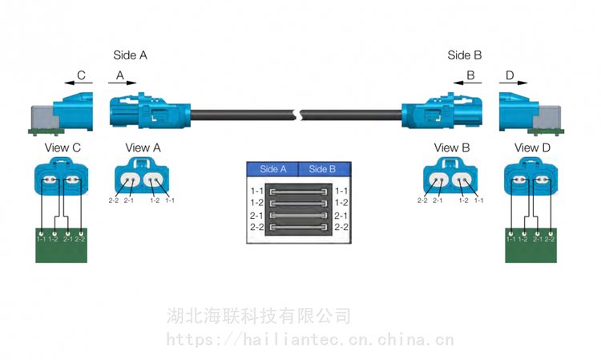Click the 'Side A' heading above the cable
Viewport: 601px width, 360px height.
(x=130, y=55)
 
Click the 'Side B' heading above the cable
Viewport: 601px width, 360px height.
(x=464, y=55)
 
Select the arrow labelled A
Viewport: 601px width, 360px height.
(x=121, y=82)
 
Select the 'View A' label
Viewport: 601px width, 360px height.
(x=143, y=148)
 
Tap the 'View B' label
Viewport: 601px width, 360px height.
(x=451, y=148)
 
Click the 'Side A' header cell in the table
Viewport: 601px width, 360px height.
(x=272, y=169)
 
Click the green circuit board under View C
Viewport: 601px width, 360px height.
(x=61, y=247)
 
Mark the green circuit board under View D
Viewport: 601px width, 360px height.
(x=530, y=247)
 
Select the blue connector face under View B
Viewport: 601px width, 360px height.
(x=451, y=177)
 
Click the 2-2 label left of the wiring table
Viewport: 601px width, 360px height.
(x=257, y=228)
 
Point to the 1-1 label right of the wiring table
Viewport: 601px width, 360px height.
(x=341, y=191)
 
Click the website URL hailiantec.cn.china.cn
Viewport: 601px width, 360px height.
(x=310, y=341)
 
